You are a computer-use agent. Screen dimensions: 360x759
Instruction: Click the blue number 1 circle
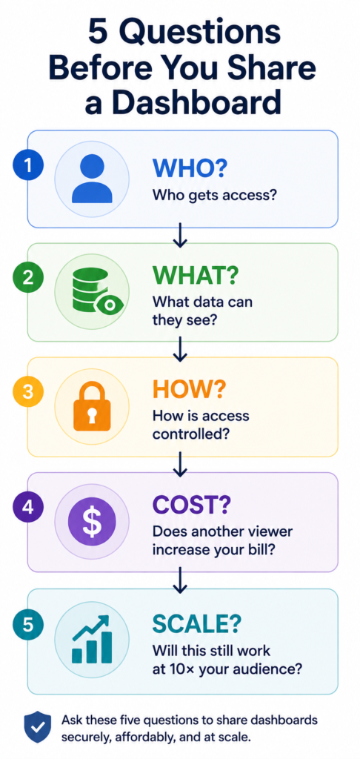[28, 166]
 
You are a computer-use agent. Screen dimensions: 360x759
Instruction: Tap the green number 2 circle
[28, 279]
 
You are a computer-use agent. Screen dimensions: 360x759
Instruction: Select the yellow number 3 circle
[28, 392]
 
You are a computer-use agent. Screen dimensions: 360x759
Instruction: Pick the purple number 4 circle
[28, 507]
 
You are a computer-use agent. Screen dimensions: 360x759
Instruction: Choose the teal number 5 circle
[28, 624]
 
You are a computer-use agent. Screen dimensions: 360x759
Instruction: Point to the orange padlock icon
[92, 405]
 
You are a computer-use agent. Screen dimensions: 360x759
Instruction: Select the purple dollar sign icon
[92, 521]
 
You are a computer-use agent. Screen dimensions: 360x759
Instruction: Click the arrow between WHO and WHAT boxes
[180, 235]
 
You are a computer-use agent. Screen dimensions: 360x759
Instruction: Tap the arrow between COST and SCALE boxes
[180, 580]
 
